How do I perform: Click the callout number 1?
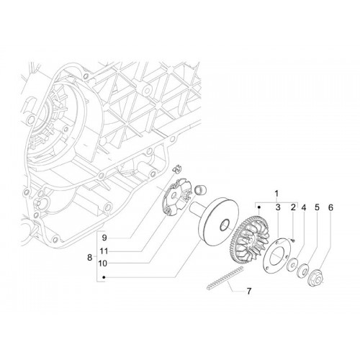click(x=276, y=194)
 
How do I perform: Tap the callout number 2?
click(x=293, y=207)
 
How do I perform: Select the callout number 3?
click(x=278, y=207)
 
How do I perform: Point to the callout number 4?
click(x=304, y=207)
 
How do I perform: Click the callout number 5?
click(x=318, y=207)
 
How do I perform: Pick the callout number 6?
click(x=330, y=207)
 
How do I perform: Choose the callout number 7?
click(x=249, y=292)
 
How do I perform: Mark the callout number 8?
click(x=89, y=258)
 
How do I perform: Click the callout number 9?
click(x=104, y=238)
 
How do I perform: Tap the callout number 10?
click(x=103, y=264)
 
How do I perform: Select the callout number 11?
click(x=104, y=251)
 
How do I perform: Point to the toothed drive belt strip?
click(x=225, y=279)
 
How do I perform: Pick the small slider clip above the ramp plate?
click(x=178, y=168)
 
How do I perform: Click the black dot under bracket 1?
click(x=258, y=207)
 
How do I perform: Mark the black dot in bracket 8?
click(x=104, y=277)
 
